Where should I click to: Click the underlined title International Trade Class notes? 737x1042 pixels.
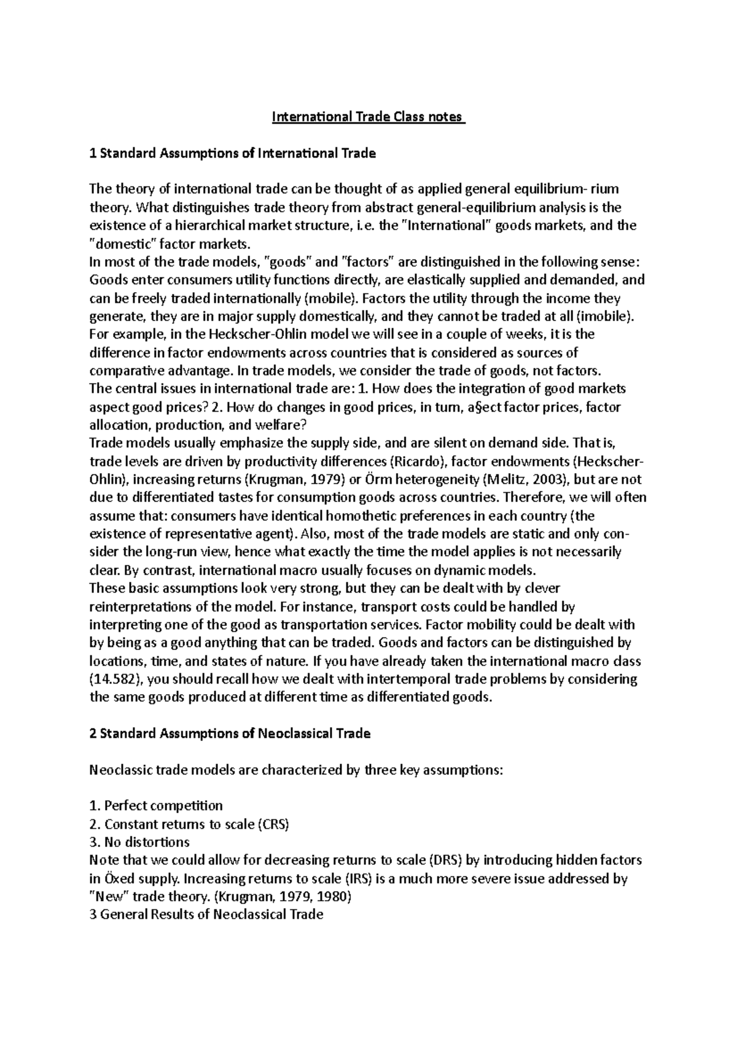[x=368, y=117]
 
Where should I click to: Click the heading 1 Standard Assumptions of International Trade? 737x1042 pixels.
[x=232, y=153]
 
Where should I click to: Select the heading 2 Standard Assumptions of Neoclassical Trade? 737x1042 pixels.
[x=230, y=733]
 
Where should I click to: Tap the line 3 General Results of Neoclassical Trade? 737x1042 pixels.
[x=206, y=914]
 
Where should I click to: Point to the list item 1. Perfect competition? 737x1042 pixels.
[x=156, y=806]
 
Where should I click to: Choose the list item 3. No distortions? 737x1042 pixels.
[x=139, y=842]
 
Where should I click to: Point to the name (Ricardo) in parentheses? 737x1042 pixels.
[x=411, y=461]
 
